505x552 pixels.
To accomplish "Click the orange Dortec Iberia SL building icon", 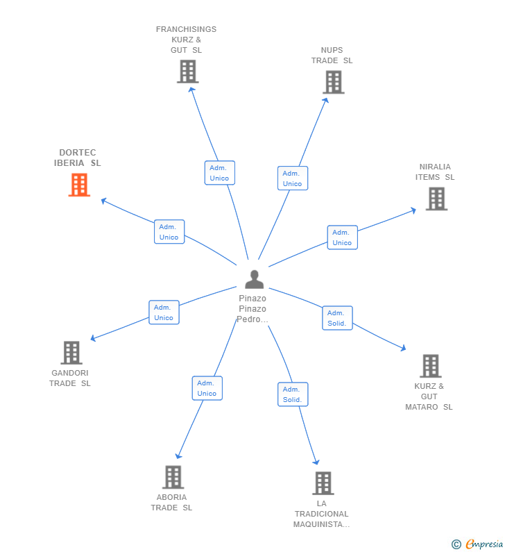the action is coord(79,185).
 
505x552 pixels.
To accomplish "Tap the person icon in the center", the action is coord(255,279).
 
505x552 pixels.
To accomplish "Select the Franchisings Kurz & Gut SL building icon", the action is coord(187,72).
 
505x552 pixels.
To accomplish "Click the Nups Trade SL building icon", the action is coord(333,82).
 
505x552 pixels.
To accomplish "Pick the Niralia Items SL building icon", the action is coord(436,199).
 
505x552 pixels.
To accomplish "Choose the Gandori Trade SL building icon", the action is coord(71,353).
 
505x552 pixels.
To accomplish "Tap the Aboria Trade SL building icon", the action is coord(173,477).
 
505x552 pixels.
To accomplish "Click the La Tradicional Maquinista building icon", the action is coord(323,483).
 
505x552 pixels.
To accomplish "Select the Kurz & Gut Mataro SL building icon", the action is coord(430,366).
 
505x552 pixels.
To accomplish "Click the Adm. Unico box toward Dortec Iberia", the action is coord(169,232).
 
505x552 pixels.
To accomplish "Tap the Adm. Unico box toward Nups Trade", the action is coord(293,178).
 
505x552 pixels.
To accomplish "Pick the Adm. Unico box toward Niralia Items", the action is coord(342,237).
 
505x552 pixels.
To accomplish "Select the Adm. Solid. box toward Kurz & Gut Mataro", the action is coord(337,318).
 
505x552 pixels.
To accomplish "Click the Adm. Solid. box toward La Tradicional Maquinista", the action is coord(293,394).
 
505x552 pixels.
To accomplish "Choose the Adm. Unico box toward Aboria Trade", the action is coord(207,388).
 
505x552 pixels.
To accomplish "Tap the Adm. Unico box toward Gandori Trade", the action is coord(164,312).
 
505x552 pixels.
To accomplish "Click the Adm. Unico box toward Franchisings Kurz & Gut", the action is coord(219,173).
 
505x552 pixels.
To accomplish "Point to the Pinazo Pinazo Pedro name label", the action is coord(252,309).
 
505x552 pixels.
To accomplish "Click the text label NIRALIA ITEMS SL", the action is coord(435,172).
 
